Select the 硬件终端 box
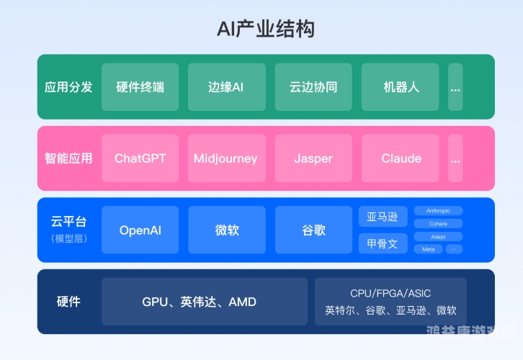point(140,87)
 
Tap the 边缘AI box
point(226,87)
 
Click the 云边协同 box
point(313,87)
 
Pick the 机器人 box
point(400,87)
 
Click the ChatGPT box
point(140,158)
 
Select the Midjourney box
point(226,158)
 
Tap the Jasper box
point(313,158)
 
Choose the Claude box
point(400,158)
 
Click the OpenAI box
point(140,230)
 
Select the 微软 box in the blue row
point(226,230)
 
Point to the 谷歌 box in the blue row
point(313,230)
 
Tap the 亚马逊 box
point(383,217)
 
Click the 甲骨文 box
point(383,243)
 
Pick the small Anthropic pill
point(438,211)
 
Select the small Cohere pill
point(438,224)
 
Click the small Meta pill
point(428,249)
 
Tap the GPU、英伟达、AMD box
point(204,302)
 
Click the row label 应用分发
point(68,87)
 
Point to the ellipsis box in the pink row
point(455,158)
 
